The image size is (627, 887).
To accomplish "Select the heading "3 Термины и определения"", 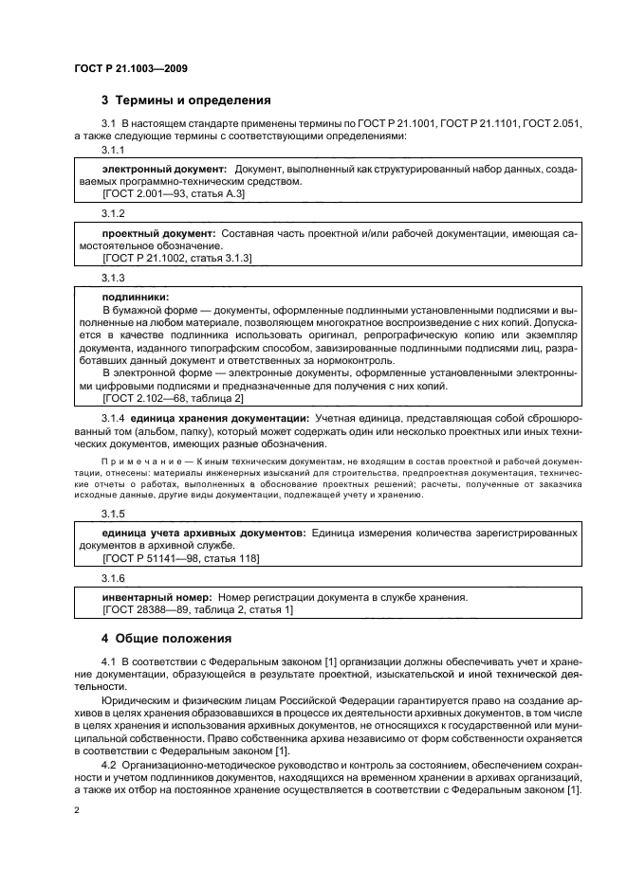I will pyautogui.click(x=186, y=100).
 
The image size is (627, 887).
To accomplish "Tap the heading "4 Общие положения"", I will pyautogui.click(x=166, y=638).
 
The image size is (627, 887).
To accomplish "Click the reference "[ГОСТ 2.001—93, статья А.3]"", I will pyautogui.click(x=174, y=193).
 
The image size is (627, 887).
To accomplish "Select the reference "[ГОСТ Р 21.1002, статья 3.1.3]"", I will pyautogui.click(x=176, y=258).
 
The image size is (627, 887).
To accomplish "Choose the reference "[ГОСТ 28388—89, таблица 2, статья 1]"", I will pyautogui.click(x=184, y=610).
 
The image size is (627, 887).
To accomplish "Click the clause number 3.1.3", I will pyautogui.click(x=114, y=277).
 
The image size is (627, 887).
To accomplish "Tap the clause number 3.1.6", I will pyautogui.click(x=114, y=578).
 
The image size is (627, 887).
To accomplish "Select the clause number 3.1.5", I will pyautogui.click(x=114, y=515).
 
